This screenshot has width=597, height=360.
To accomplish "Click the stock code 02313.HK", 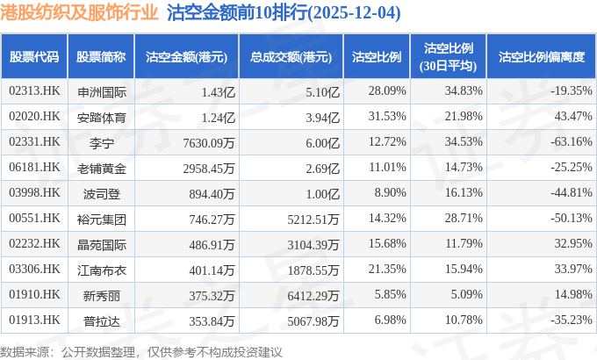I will coord(34,90).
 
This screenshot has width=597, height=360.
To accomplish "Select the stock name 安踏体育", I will coord(101,116).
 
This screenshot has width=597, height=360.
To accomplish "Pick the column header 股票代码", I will coord(34,57).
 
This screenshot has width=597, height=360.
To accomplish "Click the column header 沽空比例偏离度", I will coord(541,57).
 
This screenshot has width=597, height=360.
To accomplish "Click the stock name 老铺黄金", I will coord(101,167).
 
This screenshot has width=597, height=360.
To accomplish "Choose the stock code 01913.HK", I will coord(34,320).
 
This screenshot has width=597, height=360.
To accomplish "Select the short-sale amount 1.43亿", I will coord(219,90).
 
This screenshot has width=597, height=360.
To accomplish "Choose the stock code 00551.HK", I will coord(34,218).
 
